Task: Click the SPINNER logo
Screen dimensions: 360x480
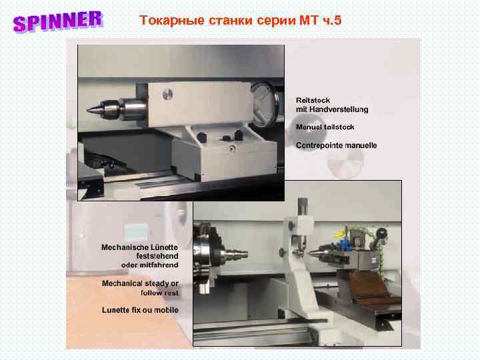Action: point(57,21)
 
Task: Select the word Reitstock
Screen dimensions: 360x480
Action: point(313,100)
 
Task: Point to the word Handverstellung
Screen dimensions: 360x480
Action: point(340,109)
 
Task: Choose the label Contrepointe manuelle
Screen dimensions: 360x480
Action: point(336,145)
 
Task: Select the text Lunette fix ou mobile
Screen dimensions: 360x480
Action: point(140,310)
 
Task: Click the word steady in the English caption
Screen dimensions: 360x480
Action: point(153,283)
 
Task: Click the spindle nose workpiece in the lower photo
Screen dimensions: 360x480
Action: point(237,254)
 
